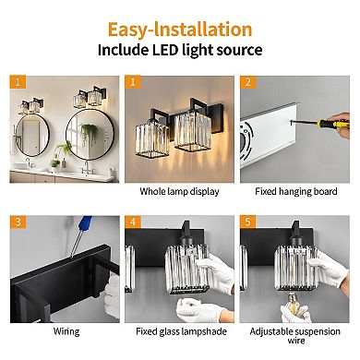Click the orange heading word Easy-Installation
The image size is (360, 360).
pos(179,29)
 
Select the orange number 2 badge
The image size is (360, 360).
pos(246,82)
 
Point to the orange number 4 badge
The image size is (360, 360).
pos(134,222)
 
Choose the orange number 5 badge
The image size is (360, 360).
pos(246,222)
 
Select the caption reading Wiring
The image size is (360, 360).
pos(66,331)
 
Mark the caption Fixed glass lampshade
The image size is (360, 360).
pos(179,331)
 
